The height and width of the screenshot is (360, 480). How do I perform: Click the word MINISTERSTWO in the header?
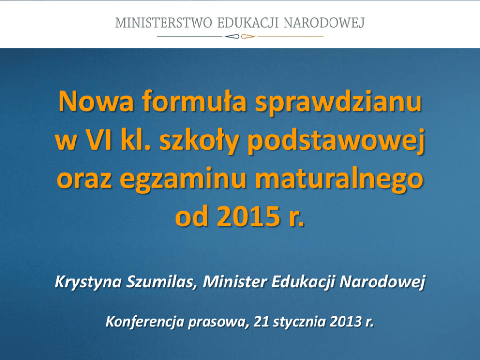point(164,23)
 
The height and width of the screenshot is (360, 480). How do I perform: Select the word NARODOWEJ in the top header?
point(324,23)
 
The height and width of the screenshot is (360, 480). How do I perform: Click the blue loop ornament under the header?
point(232,37)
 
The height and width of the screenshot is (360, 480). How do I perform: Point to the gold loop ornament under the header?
point(248,37)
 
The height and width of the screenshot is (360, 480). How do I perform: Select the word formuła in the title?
point(195,101)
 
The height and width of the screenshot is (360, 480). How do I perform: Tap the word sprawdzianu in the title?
point(339,103)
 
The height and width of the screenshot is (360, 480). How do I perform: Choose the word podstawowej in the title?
point(336,141)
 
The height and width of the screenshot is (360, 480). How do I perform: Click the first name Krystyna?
point(89,282)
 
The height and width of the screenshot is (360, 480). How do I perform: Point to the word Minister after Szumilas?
point(235,282)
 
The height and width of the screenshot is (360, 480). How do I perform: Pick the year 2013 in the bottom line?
point(345,322)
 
